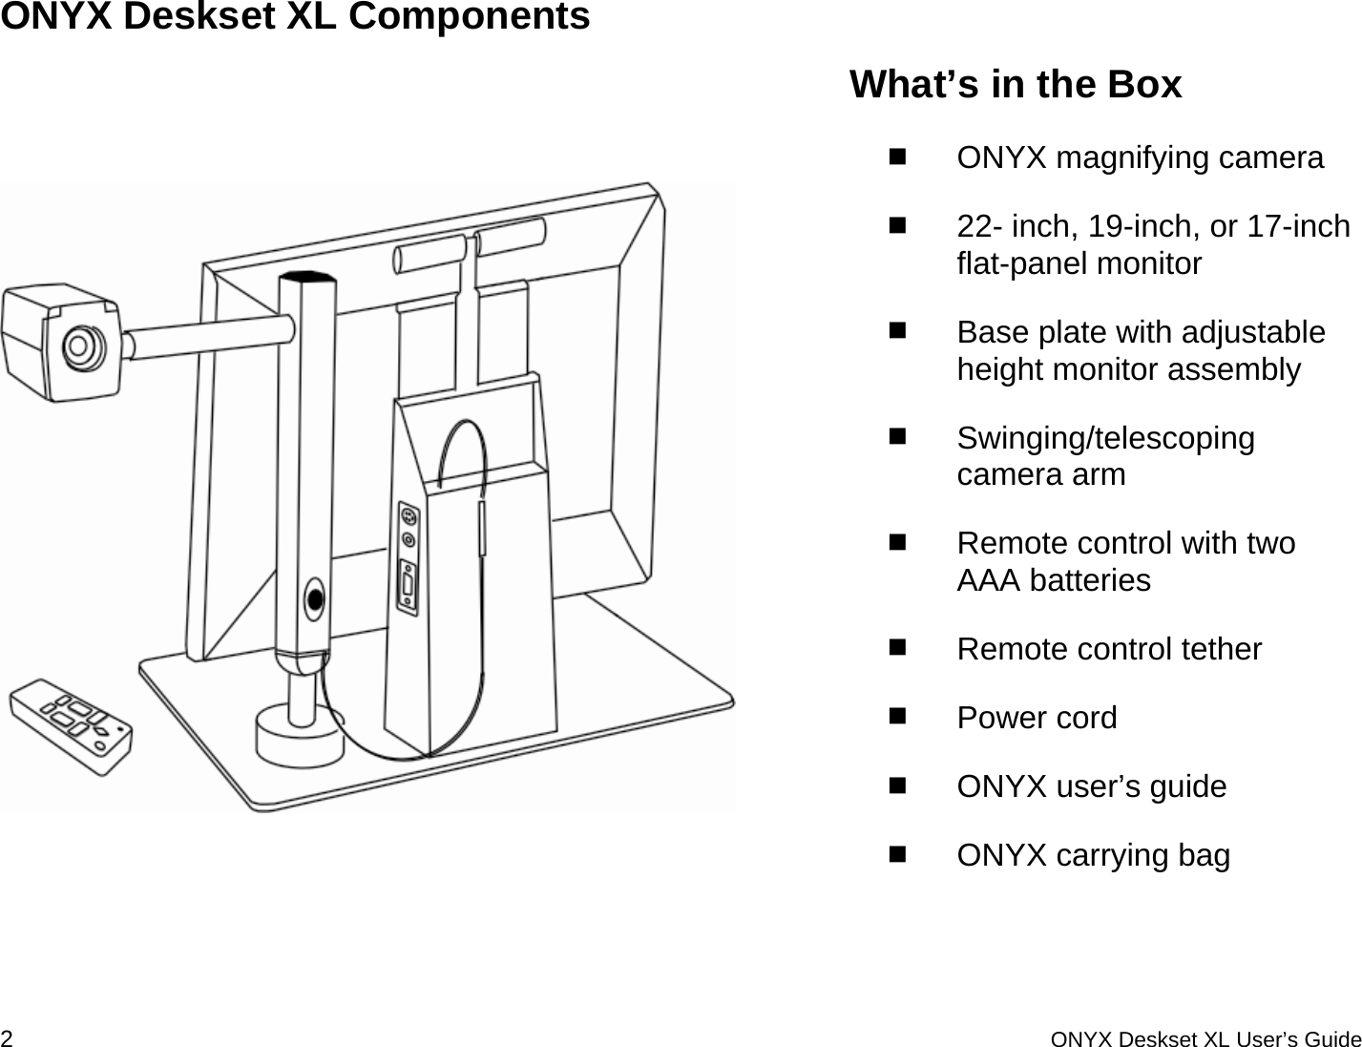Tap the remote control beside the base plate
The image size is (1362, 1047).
(71, 724)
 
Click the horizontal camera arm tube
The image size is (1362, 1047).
(210, 336)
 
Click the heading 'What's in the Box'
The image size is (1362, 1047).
(1015, 84)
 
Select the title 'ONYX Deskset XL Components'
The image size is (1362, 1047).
(295, 17)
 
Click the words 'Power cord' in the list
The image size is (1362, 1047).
(1037, 718)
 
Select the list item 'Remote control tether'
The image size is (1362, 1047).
(1109, 649)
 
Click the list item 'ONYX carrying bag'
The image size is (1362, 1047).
(1093, 855)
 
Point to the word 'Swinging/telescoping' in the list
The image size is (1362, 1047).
(1105, 438)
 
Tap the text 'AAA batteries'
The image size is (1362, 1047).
(1053, 580)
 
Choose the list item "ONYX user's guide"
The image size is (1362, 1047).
(1091, 786)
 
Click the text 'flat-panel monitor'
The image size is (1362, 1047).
(1079, 263)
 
